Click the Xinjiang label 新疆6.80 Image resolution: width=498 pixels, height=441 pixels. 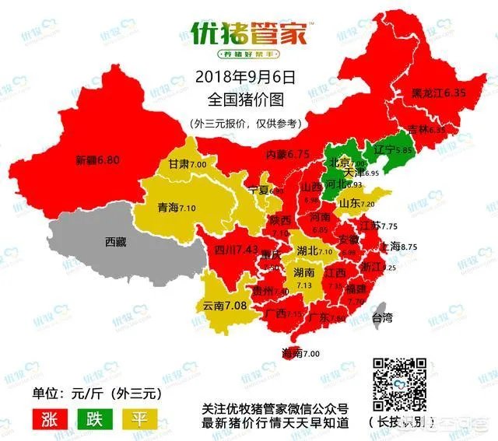[97, 162]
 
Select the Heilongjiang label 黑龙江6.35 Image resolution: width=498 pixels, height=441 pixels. [438, 93]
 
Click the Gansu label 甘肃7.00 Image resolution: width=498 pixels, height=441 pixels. [188, 165]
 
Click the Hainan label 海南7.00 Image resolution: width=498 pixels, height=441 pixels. [300, 353]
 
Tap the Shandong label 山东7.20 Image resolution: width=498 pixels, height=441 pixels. [379, 203]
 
